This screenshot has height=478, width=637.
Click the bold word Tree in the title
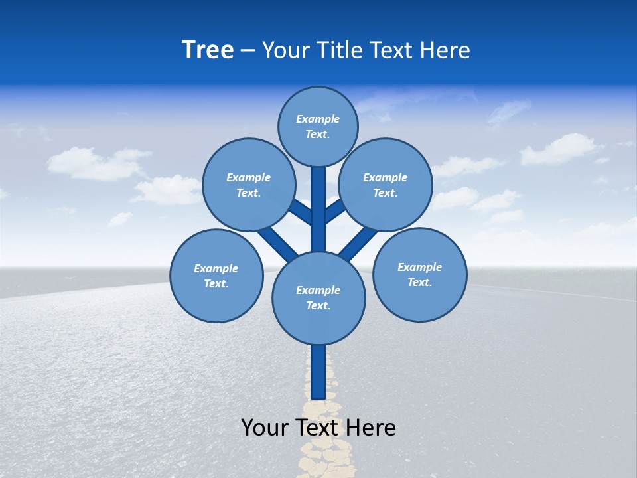coord(208,50)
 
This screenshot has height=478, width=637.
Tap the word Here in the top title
coord(446,50)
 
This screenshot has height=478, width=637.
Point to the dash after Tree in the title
coord(248,50)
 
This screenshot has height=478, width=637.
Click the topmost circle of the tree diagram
coord(318,126)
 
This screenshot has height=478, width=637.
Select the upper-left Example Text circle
coord(249,185)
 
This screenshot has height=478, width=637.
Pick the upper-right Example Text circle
coord(386,185)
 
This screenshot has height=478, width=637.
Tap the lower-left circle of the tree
coord(216,276)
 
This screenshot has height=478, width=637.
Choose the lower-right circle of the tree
coord(420,274)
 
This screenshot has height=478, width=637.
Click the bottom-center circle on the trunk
coord(318,297)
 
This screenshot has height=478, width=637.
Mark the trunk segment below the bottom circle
coord(318,372)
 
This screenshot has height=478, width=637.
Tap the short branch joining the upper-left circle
coord(301,211)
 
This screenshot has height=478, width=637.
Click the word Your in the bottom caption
coord(265,427)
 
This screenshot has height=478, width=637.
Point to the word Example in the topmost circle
coord(318,119)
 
